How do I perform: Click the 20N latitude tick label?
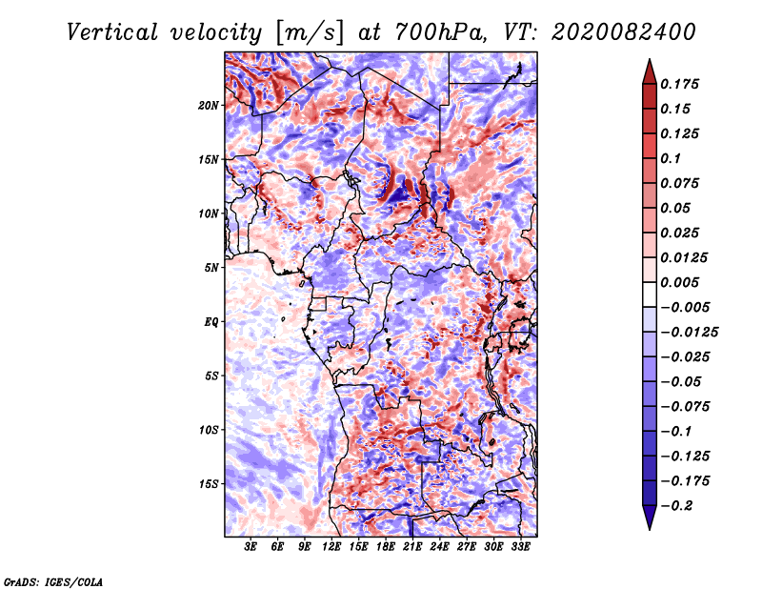coord(209,105)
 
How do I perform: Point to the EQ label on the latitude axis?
coord(211,322)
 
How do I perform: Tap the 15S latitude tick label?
coord(209,484)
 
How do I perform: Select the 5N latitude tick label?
coord(211,268)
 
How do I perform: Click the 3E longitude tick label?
coord(251,548)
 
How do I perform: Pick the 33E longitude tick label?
coord(520,548)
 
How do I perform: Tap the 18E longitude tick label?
coord(386,548)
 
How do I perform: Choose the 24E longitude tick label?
coord(439,548)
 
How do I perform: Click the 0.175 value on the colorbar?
coord(683,84)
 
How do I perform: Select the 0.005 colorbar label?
coord(683,282)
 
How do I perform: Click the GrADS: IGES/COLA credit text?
coord(52,579)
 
